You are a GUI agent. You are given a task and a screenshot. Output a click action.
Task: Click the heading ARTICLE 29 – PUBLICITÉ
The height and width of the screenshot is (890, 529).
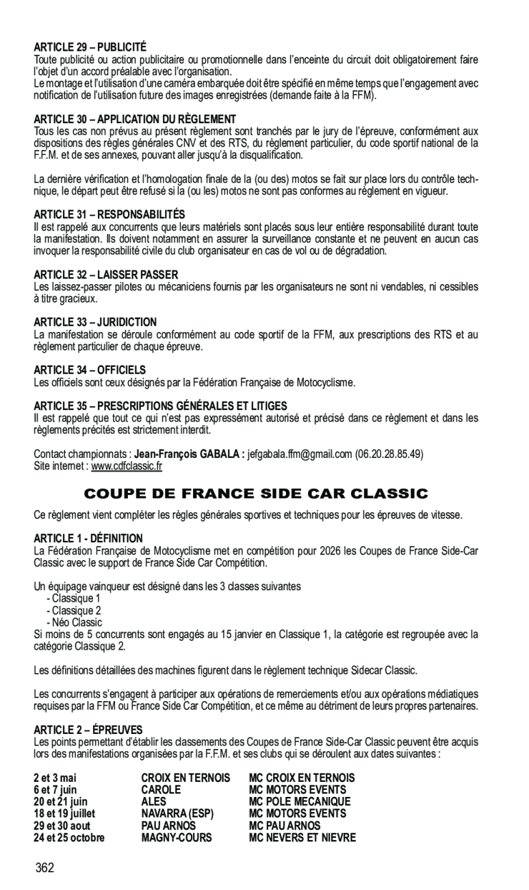[90, 47]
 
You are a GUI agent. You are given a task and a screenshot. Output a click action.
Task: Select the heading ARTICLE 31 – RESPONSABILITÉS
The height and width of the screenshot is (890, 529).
[109, 214]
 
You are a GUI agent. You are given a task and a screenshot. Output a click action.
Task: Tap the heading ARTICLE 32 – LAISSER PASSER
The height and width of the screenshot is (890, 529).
[106, 274]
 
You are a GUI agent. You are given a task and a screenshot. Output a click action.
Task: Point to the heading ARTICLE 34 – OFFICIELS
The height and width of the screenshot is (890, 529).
[90, 370]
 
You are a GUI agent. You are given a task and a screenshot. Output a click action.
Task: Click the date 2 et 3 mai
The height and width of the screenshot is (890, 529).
[55, 777]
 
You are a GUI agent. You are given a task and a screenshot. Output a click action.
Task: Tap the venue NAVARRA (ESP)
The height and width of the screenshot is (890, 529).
[177, 813]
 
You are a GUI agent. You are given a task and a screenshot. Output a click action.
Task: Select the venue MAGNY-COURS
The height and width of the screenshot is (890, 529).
[176, 837]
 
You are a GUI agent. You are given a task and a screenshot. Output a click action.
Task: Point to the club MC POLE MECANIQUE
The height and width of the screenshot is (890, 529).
[300, 802]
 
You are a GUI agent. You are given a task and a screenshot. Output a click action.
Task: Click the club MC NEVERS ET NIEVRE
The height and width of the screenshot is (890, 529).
[302, 837]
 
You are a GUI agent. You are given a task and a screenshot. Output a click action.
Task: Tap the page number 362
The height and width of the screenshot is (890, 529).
[46, 868]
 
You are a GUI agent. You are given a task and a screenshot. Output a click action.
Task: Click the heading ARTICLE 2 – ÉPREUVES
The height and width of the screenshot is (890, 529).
[88, 730]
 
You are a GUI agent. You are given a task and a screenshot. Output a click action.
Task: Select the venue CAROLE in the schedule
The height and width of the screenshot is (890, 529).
[161, 789]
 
